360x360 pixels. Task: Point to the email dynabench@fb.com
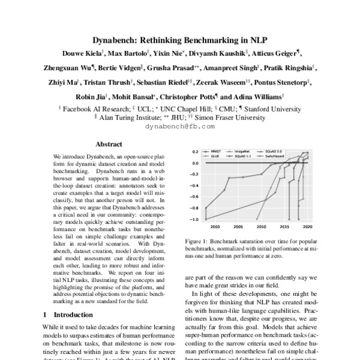(180, 127)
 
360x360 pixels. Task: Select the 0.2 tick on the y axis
(195, 152)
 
